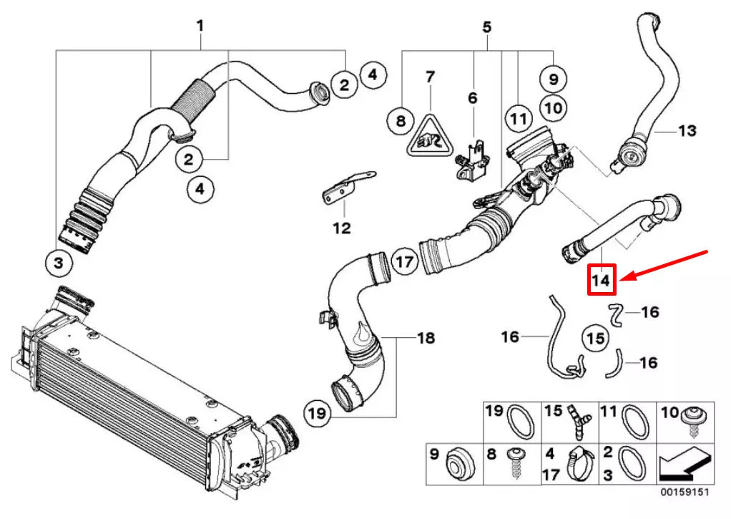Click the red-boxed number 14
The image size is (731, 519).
click(x=602, y=280)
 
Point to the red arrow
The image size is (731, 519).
click(x=664, y=265)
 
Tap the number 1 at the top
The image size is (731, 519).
click(x=200, y=26)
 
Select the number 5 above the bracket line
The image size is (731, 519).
click(x=486, y=28)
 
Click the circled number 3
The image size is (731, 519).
click(x=59, y=263)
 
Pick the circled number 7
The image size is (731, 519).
click(x=430, y=76)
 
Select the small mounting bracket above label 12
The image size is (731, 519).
click(x=346, y=187)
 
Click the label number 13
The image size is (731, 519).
click(x=687, y=131)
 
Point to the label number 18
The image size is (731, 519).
click(x=426, y=337)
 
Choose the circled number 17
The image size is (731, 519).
click(x=405, y=261)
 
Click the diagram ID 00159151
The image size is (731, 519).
click(x=685, y=493)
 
